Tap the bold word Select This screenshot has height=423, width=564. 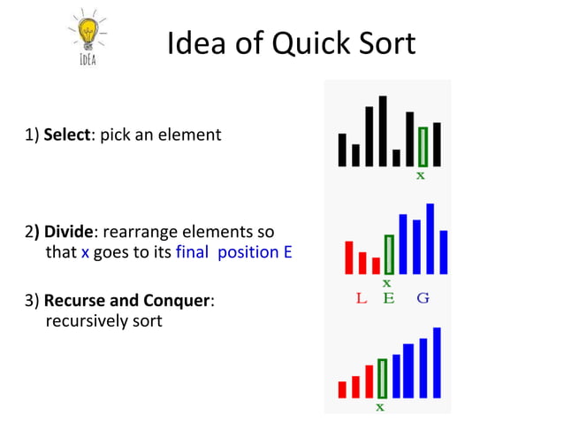pos(69,135)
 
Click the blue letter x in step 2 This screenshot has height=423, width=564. pos(85,251)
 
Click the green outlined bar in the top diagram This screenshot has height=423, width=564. pos(423,147)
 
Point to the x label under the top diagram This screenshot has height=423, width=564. pos(421,175)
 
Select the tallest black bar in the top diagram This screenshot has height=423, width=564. pos(382,131)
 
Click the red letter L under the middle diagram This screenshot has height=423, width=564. pos(362,298)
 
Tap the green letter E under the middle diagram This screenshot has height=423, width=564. pos(388,298)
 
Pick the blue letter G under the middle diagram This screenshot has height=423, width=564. pos(423,298)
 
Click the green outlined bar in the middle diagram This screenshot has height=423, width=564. pos(389,255)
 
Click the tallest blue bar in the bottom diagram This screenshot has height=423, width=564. pos(437,363)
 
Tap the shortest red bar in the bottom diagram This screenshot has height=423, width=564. pos(342,389)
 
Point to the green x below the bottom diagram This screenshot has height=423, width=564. pos(380,408)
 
